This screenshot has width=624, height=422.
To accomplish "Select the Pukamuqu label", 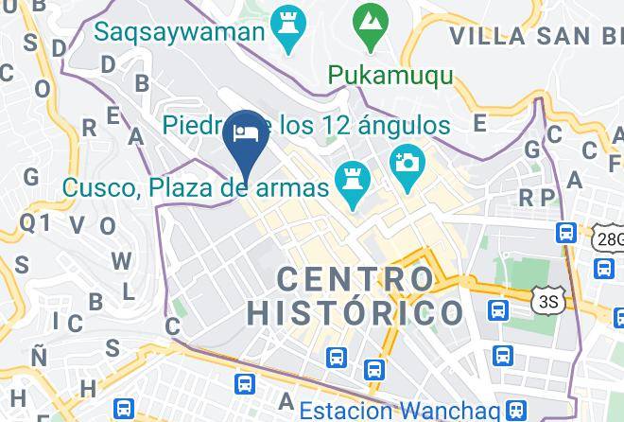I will [x=390, y=74].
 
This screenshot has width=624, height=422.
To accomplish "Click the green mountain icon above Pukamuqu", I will [x=367, y=20].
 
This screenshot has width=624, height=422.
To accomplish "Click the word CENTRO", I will [x=355, y=278].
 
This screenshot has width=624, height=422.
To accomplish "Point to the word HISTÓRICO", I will [x=355, y=312].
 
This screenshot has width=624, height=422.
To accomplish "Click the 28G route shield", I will [x=609, y=237].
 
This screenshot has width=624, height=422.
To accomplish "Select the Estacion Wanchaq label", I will [x=400, y=411].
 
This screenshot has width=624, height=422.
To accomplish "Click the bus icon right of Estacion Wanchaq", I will [x=515, y=410].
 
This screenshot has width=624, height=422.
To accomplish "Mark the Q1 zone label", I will [x=34, y=222].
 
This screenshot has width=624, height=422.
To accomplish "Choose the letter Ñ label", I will [x=39, y=356].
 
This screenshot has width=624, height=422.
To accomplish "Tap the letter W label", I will [x=121, y=260].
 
